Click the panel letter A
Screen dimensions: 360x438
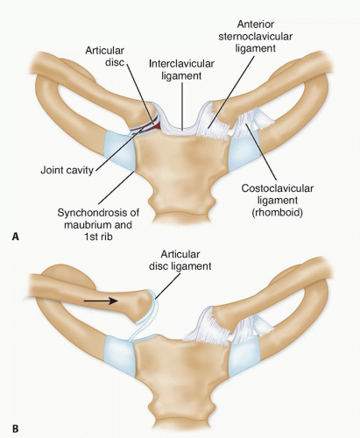click(16, 237)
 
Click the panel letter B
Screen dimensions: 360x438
click(16, 429)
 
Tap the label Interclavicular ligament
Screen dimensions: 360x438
click(181, 70)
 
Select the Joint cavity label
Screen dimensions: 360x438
click(67, 170)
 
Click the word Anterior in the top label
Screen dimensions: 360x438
click(256, 25)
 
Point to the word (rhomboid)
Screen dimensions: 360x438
click(277, 212)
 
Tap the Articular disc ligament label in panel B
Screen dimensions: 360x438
click(180, 260)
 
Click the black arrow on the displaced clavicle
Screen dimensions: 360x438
click(101, 300)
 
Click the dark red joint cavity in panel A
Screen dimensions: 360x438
click(155, 125)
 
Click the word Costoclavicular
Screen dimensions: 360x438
click(277, 188)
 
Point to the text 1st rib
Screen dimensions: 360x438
click(98, 237)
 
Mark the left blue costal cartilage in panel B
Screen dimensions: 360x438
click(119, 356)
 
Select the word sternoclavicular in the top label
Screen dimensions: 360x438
click(256, 36)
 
